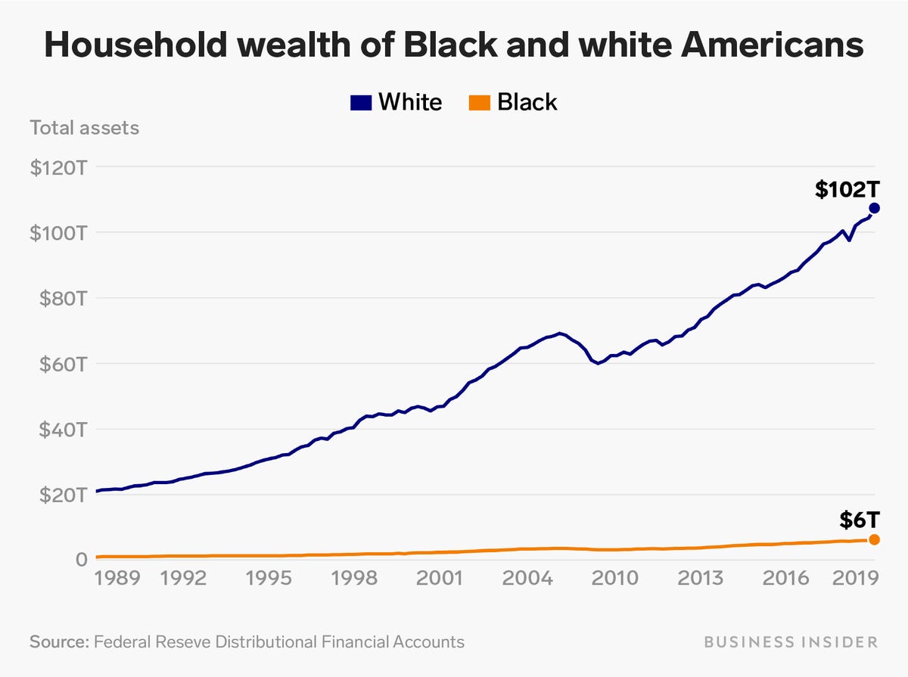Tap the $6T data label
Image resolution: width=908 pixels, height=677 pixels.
pos(860,520)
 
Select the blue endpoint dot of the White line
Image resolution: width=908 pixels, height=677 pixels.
pos(874,208)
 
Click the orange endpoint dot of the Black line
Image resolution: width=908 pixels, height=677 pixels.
pos(874,539)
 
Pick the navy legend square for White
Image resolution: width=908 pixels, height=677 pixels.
pos(361,102)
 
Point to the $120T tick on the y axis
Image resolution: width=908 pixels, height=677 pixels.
pos(58,167)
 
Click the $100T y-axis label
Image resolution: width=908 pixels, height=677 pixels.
pos(58,233)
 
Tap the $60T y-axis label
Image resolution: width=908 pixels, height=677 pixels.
pos(58,364)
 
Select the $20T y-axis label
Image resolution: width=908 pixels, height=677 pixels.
pos(58,495)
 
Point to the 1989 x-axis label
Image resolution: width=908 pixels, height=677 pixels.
pos(118,580)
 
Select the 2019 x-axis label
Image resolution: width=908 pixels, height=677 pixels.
pos(854,580)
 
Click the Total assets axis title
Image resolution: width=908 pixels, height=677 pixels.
pos(84,127)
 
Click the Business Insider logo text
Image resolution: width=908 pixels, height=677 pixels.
pos(791,642)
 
